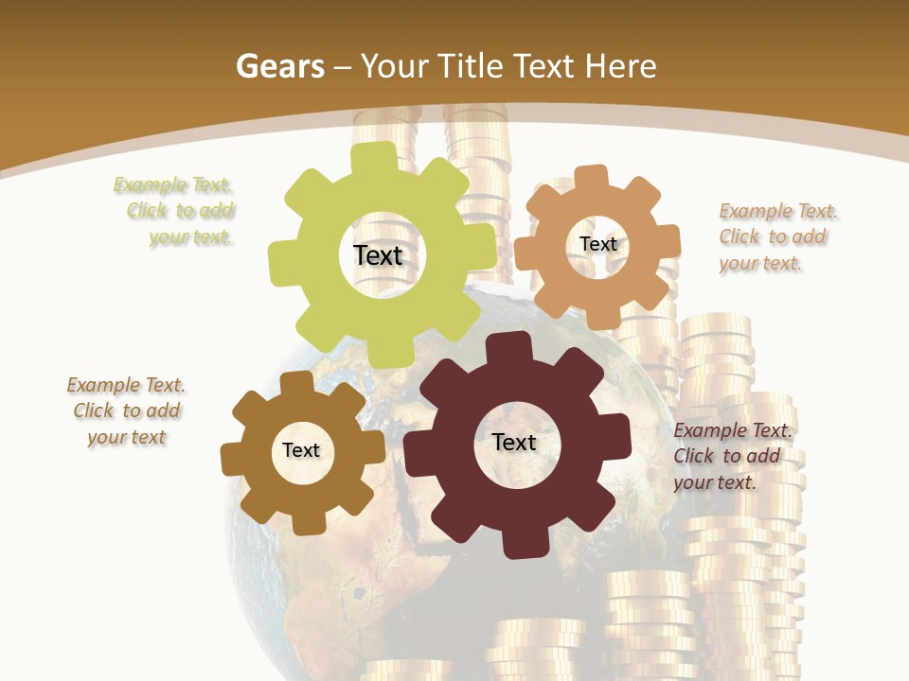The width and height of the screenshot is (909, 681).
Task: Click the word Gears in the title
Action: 278,66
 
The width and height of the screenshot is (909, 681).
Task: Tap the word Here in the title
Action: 620,66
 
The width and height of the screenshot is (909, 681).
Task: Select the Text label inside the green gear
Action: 378,255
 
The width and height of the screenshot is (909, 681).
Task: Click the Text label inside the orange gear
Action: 597,244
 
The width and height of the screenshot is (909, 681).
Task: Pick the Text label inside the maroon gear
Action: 514,442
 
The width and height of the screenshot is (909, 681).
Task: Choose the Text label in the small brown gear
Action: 301,450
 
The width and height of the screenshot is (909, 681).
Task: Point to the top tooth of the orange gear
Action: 591,179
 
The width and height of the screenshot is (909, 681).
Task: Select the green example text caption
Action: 176,211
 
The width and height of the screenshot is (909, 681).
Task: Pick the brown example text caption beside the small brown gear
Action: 126,410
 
